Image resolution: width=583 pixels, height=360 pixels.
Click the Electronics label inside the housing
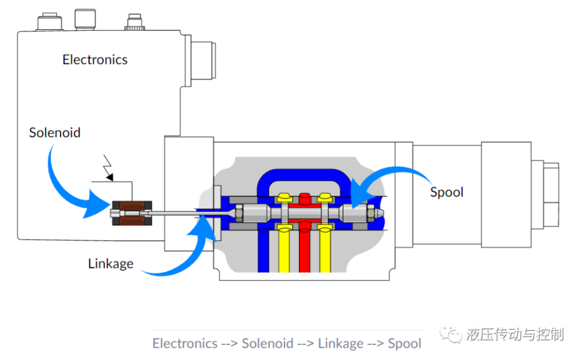point(95,60)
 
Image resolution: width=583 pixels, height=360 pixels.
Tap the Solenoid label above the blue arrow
point(55,133)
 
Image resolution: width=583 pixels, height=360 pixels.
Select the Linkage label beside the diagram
point(111,264)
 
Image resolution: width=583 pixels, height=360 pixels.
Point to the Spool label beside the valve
point(447,192)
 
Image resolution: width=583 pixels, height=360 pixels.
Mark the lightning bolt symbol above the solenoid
point(108,168)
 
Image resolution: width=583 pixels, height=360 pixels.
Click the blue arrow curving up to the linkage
point(175,257)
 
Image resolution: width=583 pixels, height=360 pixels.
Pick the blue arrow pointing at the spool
point(396,178)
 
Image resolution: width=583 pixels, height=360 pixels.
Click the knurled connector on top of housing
point(134,24)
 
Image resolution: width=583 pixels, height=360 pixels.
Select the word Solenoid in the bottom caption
point(268,343)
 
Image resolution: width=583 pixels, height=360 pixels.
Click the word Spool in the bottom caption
point(405,343)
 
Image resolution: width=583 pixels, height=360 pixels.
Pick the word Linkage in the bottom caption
point(340,343)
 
